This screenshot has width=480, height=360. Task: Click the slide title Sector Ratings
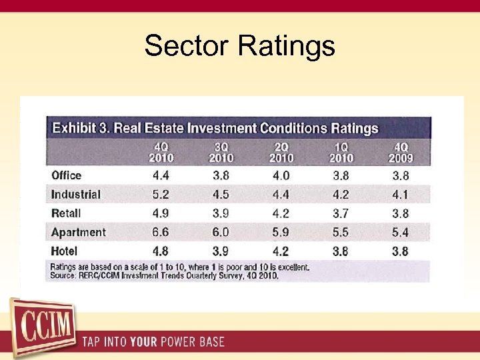tap(239, 46)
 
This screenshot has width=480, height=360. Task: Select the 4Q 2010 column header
tap(161, 152)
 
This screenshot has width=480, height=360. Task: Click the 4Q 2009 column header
tap(401, 152)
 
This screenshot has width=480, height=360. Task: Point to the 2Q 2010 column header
tap(281, 152)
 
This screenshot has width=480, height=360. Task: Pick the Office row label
tap(66, 175)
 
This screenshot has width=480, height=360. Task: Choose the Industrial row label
tap(75, 195)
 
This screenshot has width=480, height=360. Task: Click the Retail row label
tap(66, 213)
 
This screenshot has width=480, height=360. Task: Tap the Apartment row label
tap(78, 232)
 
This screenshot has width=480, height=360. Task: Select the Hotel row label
tap(65, 251)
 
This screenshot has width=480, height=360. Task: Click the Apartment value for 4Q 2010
tap(161, 232)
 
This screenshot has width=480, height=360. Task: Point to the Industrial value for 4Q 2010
tap(161, 195)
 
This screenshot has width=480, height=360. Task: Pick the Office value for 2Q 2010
tap(281, 176)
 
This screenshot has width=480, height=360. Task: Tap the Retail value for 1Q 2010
tap(341, 213)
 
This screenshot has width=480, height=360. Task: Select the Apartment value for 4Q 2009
tap(401, 232)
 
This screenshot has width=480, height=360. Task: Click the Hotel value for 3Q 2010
tap(221, 251)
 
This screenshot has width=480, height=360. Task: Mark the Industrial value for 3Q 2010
tap(221, 195)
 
